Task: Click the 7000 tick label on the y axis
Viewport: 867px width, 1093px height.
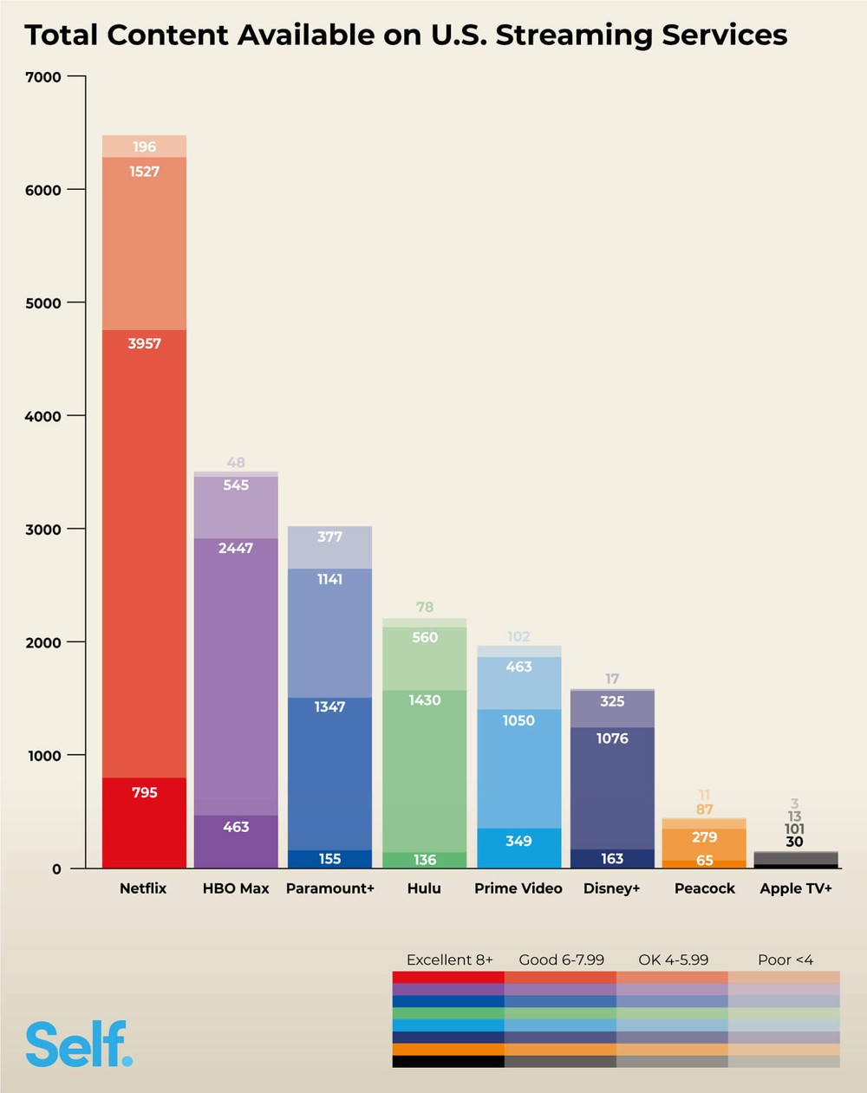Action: click(x=43, y=77)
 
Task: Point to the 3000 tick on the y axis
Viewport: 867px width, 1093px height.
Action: click(x=43, y=530)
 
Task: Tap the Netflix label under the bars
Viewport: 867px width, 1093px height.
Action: click(x=143, y=888)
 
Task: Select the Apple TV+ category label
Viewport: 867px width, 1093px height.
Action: click(x=795, y=888)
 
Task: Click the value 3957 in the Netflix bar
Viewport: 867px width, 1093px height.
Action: click(x=144, y=344)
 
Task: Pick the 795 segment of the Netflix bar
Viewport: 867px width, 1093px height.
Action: click(x=144, y=792)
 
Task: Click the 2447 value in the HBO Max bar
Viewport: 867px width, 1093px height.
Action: click(x=236, y=549)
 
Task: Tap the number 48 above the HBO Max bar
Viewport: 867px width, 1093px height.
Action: click(x=236, y=463)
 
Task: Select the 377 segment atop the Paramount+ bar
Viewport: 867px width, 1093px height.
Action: click(x=329, y=537)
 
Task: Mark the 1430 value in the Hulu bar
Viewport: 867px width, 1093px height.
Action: click(x=425, y=700)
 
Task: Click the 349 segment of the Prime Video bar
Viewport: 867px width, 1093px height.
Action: click(x=518, y=841)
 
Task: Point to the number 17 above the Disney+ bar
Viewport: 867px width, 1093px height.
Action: click(x=612, y=679)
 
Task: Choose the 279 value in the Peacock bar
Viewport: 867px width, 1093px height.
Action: click(x=704, y=837)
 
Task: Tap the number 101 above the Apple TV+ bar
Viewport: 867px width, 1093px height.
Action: click(x=794, y=830)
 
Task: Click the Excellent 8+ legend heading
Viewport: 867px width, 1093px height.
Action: click(x=449, y=960)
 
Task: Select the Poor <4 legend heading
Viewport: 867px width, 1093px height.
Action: click(x=785, y=960)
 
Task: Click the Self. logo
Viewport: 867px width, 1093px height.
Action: click(x=79, y=1044)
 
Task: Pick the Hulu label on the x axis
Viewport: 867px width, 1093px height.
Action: click(x=424, y=888)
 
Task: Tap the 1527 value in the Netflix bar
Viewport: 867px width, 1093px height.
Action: click(x=144, y=172)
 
